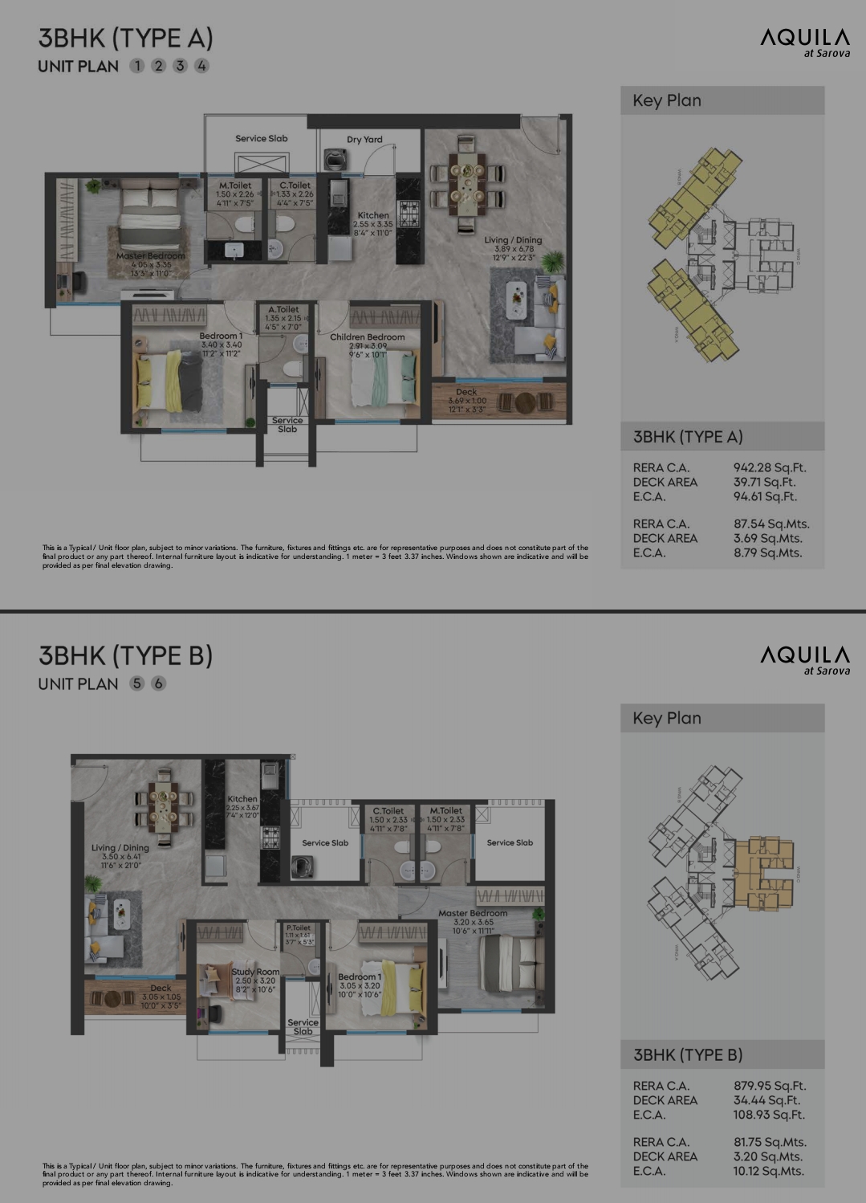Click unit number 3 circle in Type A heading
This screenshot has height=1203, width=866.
click(180, 66)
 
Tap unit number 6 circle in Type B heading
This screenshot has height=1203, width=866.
click(159, 683)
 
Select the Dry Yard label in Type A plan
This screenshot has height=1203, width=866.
click(364, 139)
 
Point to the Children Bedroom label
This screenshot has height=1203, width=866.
click(367, 337)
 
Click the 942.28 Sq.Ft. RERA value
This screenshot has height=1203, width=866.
click(770, 467)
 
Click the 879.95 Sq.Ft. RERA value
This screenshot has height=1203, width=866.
click(770, 1086)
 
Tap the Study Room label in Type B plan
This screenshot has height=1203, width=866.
click(255, 972)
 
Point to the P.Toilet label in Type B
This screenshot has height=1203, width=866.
click(298, 928)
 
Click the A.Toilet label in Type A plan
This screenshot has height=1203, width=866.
click(283, 309)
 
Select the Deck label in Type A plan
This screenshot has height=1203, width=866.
click(466, 392)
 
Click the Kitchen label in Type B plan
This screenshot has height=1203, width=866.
click(242, 799)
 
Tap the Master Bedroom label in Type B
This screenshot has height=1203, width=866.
click(473, 913)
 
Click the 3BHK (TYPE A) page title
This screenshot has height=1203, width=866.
click(125, 38)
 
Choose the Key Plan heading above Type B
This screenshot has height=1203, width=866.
click(666, 718)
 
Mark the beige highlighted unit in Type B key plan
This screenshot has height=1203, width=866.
click(763, 874)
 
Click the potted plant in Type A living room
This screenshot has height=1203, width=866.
click(552, 261)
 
